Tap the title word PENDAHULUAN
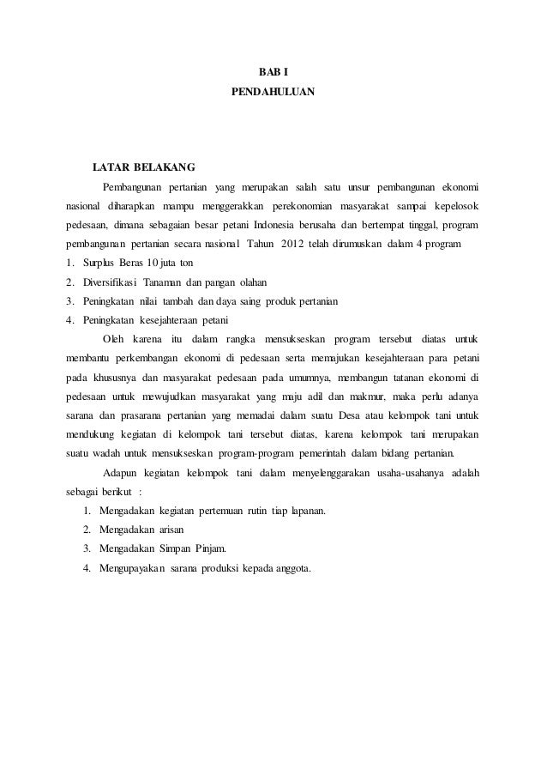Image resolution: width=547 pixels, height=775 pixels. coord(273,90)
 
